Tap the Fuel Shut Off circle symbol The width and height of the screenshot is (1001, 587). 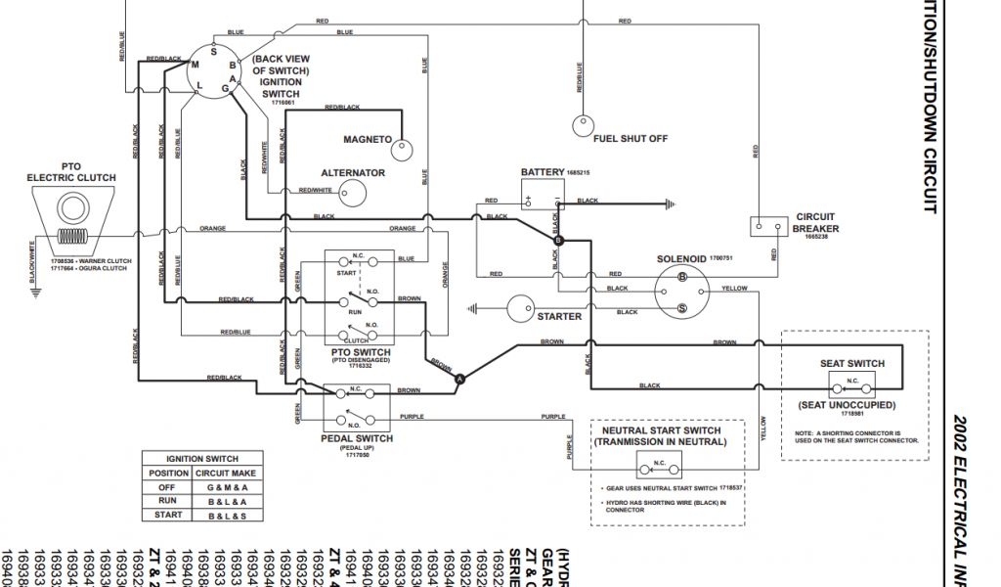pos(583,126)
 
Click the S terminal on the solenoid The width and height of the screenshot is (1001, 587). pos(682,307)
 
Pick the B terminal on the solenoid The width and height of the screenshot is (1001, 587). pos(682,278)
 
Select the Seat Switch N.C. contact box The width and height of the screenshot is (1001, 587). pos(851,384)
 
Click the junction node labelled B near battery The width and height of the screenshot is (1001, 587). pos(558,240)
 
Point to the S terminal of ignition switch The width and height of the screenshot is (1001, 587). pos(214,51)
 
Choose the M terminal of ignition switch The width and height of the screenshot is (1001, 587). pos(196,65)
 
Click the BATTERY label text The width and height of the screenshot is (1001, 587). pos(543,173)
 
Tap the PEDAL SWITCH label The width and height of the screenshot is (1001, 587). pos(357,439)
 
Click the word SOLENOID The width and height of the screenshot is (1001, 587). pos(681,259)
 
